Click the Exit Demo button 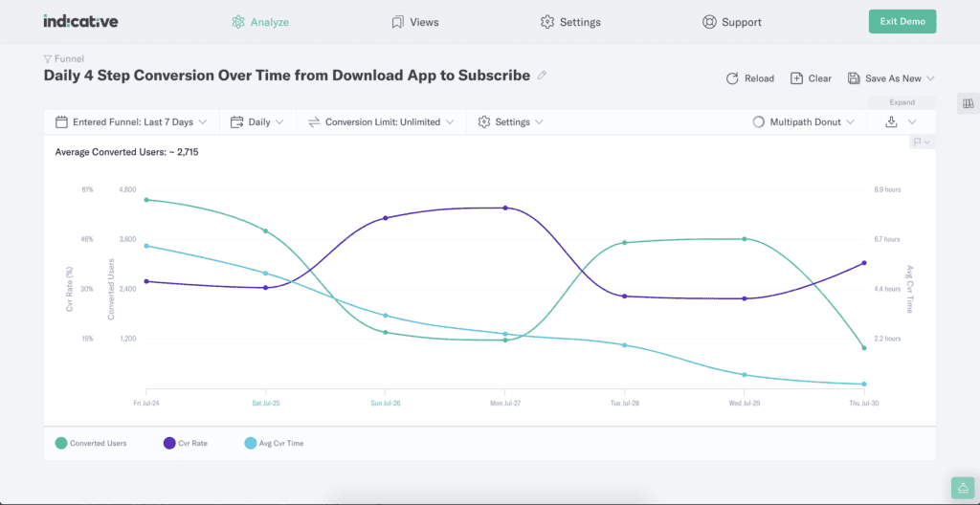pyautogui.click(x=902, y=21)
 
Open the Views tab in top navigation pyautogui.click(x=416, y=22)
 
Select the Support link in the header pyautogui.click(x=732, y=22)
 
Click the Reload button pyautogui.click(x=750, y=78)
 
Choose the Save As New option pyautogui.click(x=891, y=78)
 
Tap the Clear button pyautogui.click(x=811, y=78)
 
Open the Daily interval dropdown pyautogui.click(x=257, y=122)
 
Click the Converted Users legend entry pyautogui.click(x=91, y=443)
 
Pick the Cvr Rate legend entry pyautogui.click(x=185, y=443)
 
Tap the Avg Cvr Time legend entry pyautogui.click(x=274, y=443)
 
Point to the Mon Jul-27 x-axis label pyautogui.click(x=504, y=404)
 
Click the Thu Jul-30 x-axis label pyautogui.click(x=863, y=404)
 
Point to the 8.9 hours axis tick pyautogui.click(x=887, y=189)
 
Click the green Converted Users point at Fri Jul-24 pyautogui.click(x=146, y=200)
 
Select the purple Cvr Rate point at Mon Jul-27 pyautogui.click(x=504, y=208)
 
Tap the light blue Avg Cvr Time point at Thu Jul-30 pyautogui.click(x=863, y=384)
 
